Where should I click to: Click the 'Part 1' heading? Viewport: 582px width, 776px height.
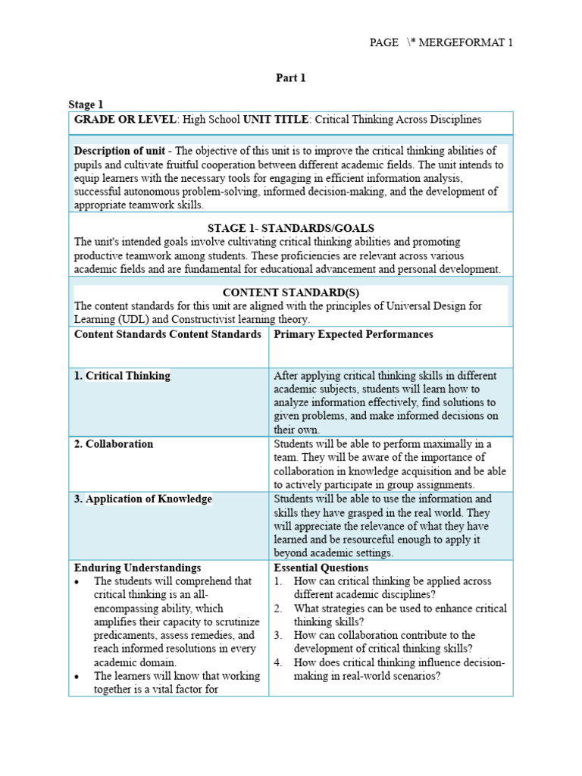[x=290, y=77]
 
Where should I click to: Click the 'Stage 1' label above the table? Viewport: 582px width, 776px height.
[x=86, y=105]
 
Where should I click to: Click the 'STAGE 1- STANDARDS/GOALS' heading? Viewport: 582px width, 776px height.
[x=291, y=228]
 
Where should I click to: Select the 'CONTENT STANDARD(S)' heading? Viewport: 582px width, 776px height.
[x=291, y=293]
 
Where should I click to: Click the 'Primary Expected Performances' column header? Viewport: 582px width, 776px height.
[x=353, y=334]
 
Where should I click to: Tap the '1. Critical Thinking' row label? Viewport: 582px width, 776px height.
[x=122, y=376]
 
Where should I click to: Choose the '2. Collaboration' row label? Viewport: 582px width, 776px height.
[x=113, y=444]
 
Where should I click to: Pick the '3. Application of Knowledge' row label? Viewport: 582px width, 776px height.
[x=142, y=499]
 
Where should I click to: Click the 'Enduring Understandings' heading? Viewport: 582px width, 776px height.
[x=137, y=568]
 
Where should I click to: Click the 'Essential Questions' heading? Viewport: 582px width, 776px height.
[x=321, y=568]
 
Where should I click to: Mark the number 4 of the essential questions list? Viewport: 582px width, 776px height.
[x=278, y=662]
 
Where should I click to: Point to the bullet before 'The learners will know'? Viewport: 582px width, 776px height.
[x=78, y=676]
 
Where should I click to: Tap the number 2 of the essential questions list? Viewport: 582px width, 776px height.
[x=278, y=609]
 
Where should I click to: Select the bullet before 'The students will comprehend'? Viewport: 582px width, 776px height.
[x=78, y=581]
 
